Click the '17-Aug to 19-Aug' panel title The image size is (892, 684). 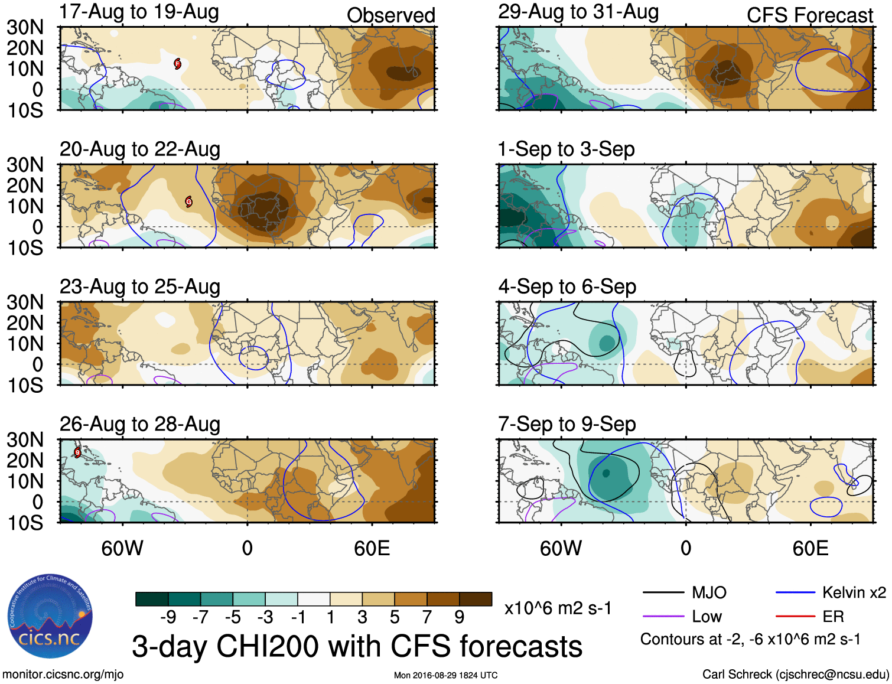click(x=139, y=12)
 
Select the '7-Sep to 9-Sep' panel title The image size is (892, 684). click(x=567, y=424)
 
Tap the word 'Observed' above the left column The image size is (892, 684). click(x=390, y=15)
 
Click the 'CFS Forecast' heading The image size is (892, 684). click(x=809, y=15)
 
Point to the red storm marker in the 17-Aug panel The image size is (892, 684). click(x=177, y=64)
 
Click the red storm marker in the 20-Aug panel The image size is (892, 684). click(x=188, y=201)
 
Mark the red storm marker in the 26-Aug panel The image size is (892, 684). click(x=77, y=452)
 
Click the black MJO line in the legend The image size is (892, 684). click(x=663, y=592)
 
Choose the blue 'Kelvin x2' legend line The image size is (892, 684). click(x=795, y=592)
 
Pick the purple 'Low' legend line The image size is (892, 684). click(x=663, y=617)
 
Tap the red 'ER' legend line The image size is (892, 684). click(x=795, y=617)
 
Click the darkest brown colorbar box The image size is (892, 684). click(x=476, y=599)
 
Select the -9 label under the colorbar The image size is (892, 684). click(x=168, y=617)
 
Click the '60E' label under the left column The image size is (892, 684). click(x=372, y=548)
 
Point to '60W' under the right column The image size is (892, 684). click(x=561, y=548)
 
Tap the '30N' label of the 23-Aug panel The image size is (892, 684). click(x=25, y=302)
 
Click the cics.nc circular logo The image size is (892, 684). click(x=50, y=616)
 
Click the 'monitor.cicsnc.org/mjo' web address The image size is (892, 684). click(x=63, y=675)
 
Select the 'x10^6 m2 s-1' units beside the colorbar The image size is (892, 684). click(x=558, y=608)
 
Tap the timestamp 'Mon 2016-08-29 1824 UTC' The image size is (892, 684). click(x=445, y=675)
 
